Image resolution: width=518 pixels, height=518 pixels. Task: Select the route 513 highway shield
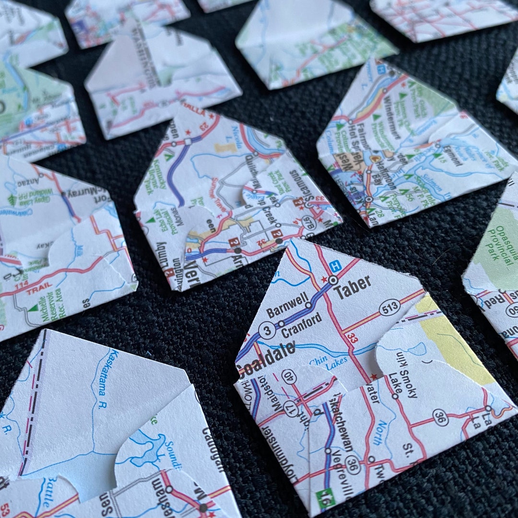[x=389, y=307]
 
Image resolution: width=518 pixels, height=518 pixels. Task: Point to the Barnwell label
[x=287, y=306]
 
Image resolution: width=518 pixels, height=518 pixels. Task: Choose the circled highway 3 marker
[x=267, y=330]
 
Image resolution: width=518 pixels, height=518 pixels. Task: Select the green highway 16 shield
[x=326, y=499]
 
